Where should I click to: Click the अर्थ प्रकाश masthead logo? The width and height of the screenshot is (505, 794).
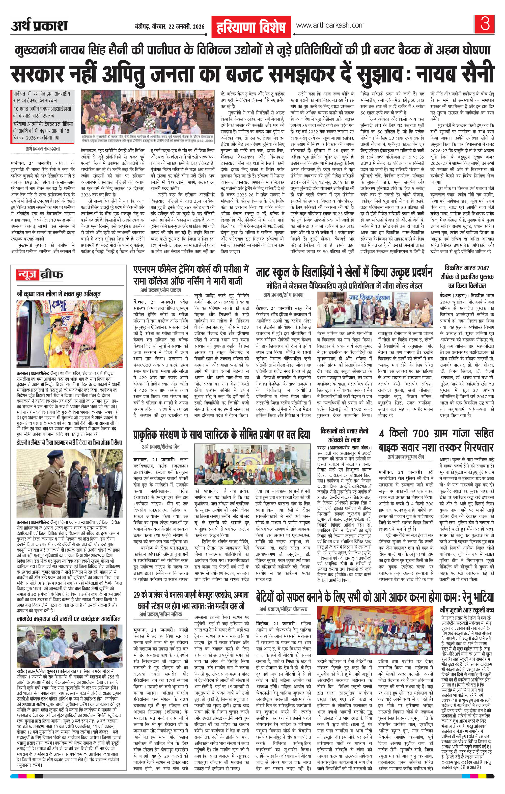(39, 26)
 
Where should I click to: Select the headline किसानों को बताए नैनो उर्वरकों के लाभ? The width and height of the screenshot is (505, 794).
(344, 435)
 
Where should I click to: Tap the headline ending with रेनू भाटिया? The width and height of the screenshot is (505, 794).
(375, 597)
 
